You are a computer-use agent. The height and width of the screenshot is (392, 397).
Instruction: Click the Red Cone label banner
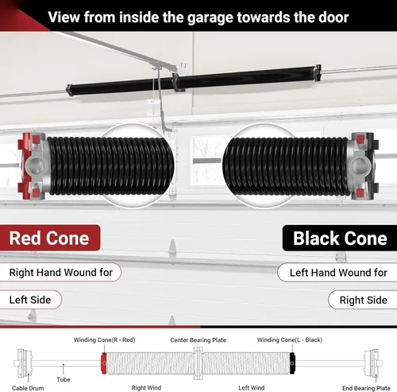50,238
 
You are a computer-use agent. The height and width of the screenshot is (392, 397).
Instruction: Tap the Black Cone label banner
340,238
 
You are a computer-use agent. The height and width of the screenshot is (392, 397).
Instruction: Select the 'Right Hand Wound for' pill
60,272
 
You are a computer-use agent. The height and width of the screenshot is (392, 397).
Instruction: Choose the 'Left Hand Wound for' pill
337,273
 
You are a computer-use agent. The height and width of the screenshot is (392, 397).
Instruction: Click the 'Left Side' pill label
30,300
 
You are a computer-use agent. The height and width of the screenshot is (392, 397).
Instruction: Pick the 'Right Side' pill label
363,300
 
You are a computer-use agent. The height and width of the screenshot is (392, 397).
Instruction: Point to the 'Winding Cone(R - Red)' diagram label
104,340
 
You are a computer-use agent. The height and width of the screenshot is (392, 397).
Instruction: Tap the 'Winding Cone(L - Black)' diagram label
290,340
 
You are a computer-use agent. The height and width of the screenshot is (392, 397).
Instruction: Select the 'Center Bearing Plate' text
198,340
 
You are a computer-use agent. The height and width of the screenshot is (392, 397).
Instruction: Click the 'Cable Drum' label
28,388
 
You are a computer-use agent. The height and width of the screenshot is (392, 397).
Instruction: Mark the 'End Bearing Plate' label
366,388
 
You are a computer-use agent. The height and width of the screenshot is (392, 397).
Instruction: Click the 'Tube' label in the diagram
64,379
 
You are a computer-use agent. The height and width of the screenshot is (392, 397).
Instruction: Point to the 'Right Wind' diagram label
146,388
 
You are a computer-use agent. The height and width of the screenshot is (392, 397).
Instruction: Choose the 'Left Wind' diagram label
252,388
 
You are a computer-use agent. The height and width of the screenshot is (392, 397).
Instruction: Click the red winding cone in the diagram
104,363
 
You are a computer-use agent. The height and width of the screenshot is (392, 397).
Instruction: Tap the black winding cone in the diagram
292,363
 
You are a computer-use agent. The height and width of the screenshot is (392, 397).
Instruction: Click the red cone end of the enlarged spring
25,165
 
